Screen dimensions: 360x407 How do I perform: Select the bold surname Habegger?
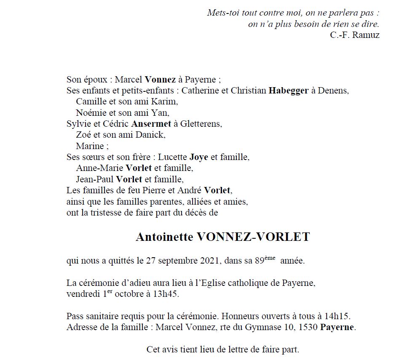coord(288,91)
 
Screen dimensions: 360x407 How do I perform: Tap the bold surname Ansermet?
coord(151,124)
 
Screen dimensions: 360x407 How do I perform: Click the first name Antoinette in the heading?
coord(164,237)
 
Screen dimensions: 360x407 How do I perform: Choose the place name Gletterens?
coord(201,124)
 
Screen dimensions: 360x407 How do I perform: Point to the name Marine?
coord(90,147)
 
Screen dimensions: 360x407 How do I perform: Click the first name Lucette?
coord(172,157)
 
